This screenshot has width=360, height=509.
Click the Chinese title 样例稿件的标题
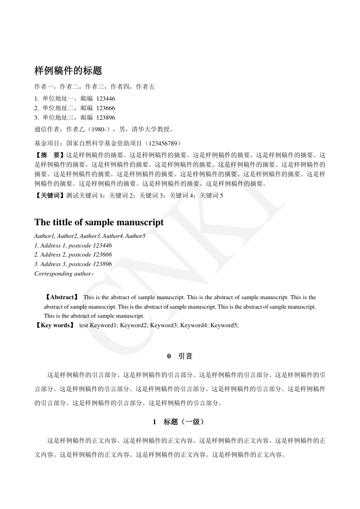68,71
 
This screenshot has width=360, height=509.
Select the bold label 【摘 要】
50,155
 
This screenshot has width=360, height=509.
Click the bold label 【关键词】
50,195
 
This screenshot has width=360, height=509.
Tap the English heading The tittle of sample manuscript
99,223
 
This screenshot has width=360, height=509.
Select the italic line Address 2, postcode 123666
73,255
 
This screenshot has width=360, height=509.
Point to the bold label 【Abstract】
62,297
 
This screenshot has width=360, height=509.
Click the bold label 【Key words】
55,325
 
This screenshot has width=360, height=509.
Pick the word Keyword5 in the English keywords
224,325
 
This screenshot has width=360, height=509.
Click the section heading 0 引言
180,356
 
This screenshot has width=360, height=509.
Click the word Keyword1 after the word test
104,325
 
